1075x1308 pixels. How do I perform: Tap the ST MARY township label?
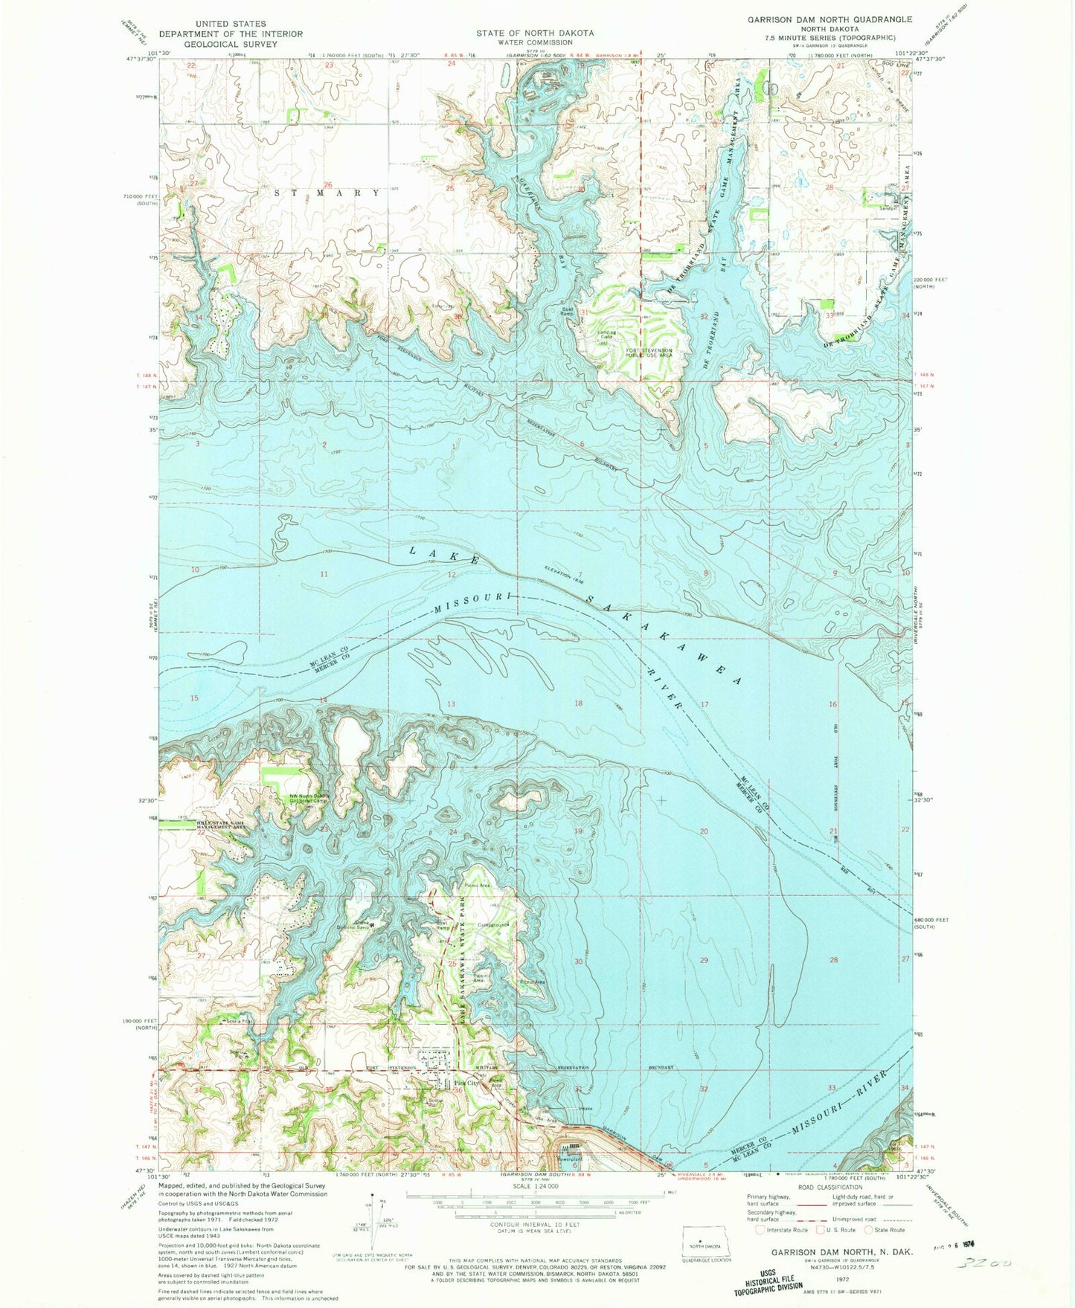(x=327, y=193)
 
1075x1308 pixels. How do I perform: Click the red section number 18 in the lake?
(x=578, y=703)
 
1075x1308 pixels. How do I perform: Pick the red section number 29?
(x=704, y=960)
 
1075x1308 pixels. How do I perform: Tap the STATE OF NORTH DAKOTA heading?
(x=536, y=33)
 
